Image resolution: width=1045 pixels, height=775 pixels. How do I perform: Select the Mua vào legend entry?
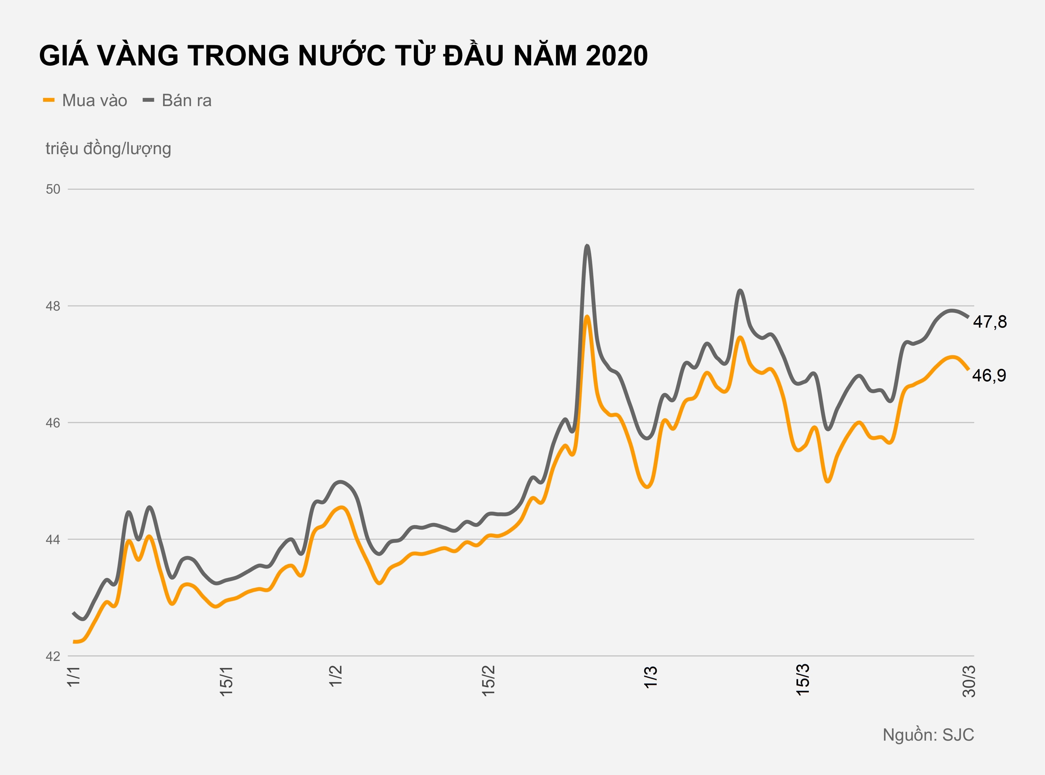click(85, 101)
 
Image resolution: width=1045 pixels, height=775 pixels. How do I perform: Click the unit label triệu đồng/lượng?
click(108, 149)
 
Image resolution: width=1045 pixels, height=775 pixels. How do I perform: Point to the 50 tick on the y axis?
click(53, 189)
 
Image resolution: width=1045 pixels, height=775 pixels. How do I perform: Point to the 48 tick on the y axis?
click(53, 306)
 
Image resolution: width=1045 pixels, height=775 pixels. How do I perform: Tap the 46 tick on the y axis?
click(53, 423)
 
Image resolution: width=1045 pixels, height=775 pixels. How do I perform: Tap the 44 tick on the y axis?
click(53, 540)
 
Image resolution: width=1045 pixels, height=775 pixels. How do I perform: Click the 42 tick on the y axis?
click(53, 656)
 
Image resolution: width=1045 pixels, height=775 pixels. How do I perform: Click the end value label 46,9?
click(989, 375)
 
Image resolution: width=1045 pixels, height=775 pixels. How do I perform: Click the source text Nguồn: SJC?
click(928, 735)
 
